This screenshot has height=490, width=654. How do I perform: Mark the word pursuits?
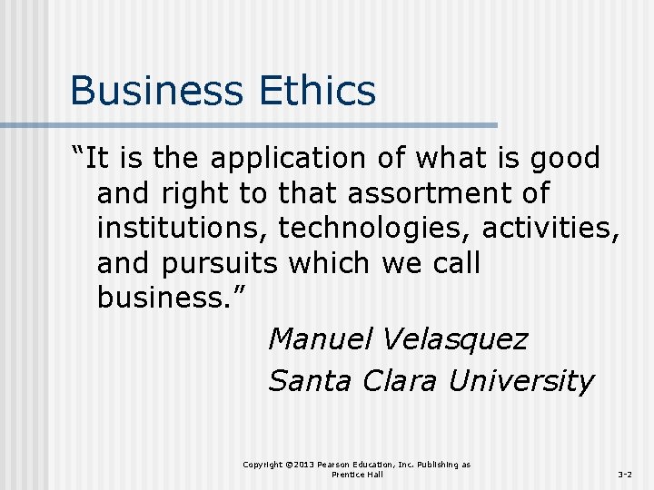(x=223, y=264)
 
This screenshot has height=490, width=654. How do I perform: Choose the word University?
(x=521, y=382)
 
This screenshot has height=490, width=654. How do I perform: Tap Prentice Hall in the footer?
(x=357, y=475)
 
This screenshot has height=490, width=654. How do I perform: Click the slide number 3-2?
(x=626, y=475)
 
